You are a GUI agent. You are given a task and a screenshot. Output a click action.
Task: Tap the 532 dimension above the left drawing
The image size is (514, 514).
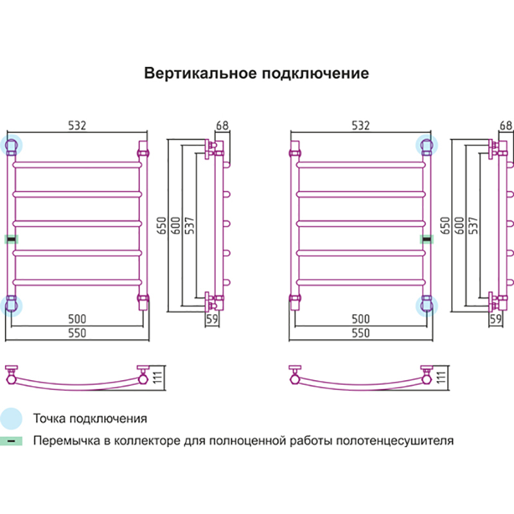[76, 126]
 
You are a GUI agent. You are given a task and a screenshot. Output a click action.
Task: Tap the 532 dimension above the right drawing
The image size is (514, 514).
[360, 126]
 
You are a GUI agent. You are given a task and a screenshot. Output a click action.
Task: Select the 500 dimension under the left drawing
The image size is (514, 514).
[76, 319]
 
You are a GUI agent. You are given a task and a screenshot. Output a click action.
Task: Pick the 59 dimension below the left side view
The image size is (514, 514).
[211, 318]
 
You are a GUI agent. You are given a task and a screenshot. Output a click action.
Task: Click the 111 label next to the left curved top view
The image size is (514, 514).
[161, 377]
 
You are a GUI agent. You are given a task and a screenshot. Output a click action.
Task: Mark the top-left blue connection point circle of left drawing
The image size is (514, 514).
[12, 145]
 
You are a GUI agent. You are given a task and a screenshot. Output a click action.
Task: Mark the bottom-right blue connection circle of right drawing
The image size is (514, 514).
[426, 303]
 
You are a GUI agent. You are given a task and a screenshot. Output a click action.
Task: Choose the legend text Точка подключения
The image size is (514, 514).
[90, 419]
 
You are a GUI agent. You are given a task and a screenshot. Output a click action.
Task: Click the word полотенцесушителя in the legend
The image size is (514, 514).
[398, 441]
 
